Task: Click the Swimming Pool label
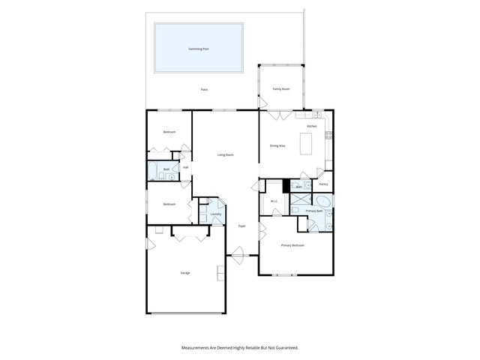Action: pos(199,49)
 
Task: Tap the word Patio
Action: pos(204,89)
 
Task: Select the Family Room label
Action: pos(281,88)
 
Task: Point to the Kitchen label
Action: pos(311,126)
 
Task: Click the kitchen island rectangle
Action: pos(306,143)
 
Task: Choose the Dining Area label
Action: pos(277,145)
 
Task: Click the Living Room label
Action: pos(226,154)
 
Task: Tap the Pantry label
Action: pos(323,183)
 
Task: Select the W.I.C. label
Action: pos(274,201)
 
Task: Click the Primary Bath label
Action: pos(314,211)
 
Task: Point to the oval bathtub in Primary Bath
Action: pos(323,202)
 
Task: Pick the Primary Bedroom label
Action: pos(292,245)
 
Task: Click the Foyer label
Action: pos(242,226)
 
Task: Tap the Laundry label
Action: pos(216,214)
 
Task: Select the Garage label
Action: pos(185,272)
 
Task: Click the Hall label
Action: pos(185,167)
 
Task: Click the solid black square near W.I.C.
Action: pos(286,186)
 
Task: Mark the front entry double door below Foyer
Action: pos(238,256)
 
